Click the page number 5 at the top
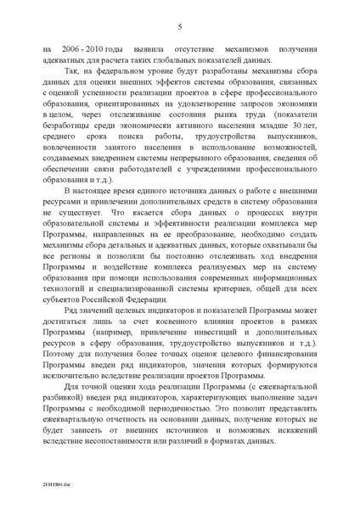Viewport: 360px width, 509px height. (180, 28)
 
